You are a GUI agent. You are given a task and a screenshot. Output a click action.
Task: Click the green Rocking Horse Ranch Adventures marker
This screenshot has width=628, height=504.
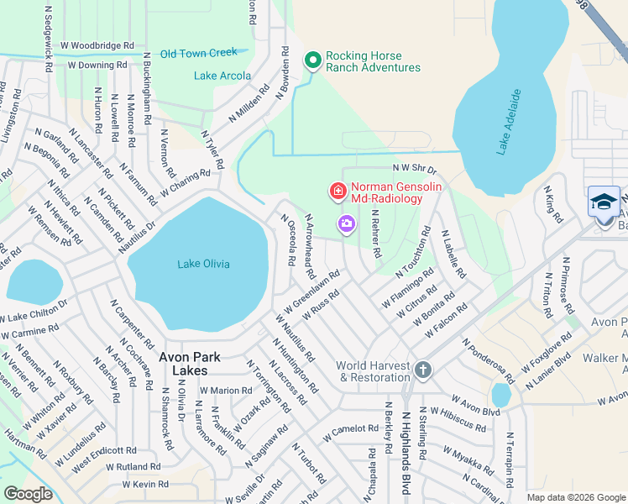click(x=313, y=60)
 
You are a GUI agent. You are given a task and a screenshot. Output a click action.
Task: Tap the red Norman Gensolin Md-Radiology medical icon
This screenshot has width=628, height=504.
click(x=338, y=192)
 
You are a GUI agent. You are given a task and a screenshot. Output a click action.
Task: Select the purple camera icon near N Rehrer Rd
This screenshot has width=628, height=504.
click(x=346, y=223)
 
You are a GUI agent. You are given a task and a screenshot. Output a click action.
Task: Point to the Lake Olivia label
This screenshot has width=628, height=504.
click(x=203, y=264)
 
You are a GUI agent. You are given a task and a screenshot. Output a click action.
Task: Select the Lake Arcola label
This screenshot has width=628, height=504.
click(x=222, y=76)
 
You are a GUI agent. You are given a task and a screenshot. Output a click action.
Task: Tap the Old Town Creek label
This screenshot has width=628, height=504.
click(x=199, y=53)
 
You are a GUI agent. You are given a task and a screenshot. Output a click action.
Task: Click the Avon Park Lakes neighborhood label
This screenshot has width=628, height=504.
click(x=190, y=363)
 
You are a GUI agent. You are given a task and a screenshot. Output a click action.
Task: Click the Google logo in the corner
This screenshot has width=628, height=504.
click(x=28, y=494)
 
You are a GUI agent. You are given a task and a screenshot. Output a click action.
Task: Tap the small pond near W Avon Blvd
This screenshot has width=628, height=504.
click(x=500, y=395)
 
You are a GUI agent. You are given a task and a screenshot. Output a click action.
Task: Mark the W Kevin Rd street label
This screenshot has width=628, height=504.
click(x=145, y=485)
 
